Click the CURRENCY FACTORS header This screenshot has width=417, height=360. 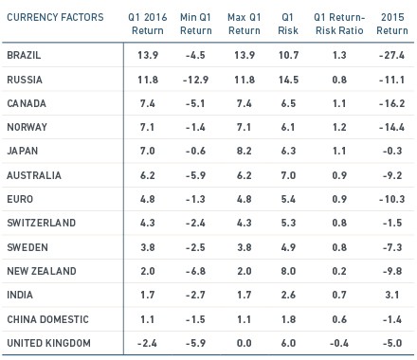click(x=55, y=17)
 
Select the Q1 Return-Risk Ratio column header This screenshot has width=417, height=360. click(x=339, y=24)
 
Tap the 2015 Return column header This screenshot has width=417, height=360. click(x=392, y=24)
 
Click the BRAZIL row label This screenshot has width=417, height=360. click(x=24, y=55)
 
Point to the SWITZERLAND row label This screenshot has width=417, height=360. click(x=42, y=223)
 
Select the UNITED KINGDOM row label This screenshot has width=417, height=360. click(x=48, y=343)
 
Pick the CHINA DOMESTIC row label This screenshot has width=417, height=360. click(x=47, y=319)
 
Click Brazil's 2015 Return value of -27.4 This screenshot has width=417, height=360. click(x=392, y=55)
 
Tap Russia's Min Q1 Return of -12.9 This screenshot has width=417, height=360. click(x=195, y=80)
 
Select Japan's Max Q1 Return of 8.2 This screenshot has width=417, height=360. click(x=245, y=151)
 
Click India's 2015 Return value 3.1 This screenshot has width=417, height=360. click(x=392, y=295)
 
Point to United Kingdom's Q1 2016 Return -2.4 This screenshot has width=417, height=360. click(x=147, y=343)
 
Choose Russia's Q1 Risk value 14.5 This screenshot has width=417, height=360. click(x=288, y=80)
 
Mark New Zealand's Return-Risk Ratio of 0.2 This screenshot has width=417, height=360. click(x=339, y=271)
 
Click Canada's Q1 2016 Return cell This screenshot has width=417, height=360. click(x=148, y=103)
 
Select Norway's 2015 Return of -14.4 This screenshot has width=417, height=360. click(x=392, y=127)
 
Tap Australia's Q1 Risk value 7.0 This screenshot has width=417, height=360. click(x=288, y=175)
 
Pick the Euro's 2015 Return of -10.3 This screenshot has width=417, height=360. click(x=392, y=199)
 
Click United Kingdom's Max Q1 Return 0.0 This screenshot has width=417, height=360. click(x=245, y=343)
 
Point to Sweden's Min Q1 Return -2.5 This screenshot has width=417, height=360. click(x=195, y=247)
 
